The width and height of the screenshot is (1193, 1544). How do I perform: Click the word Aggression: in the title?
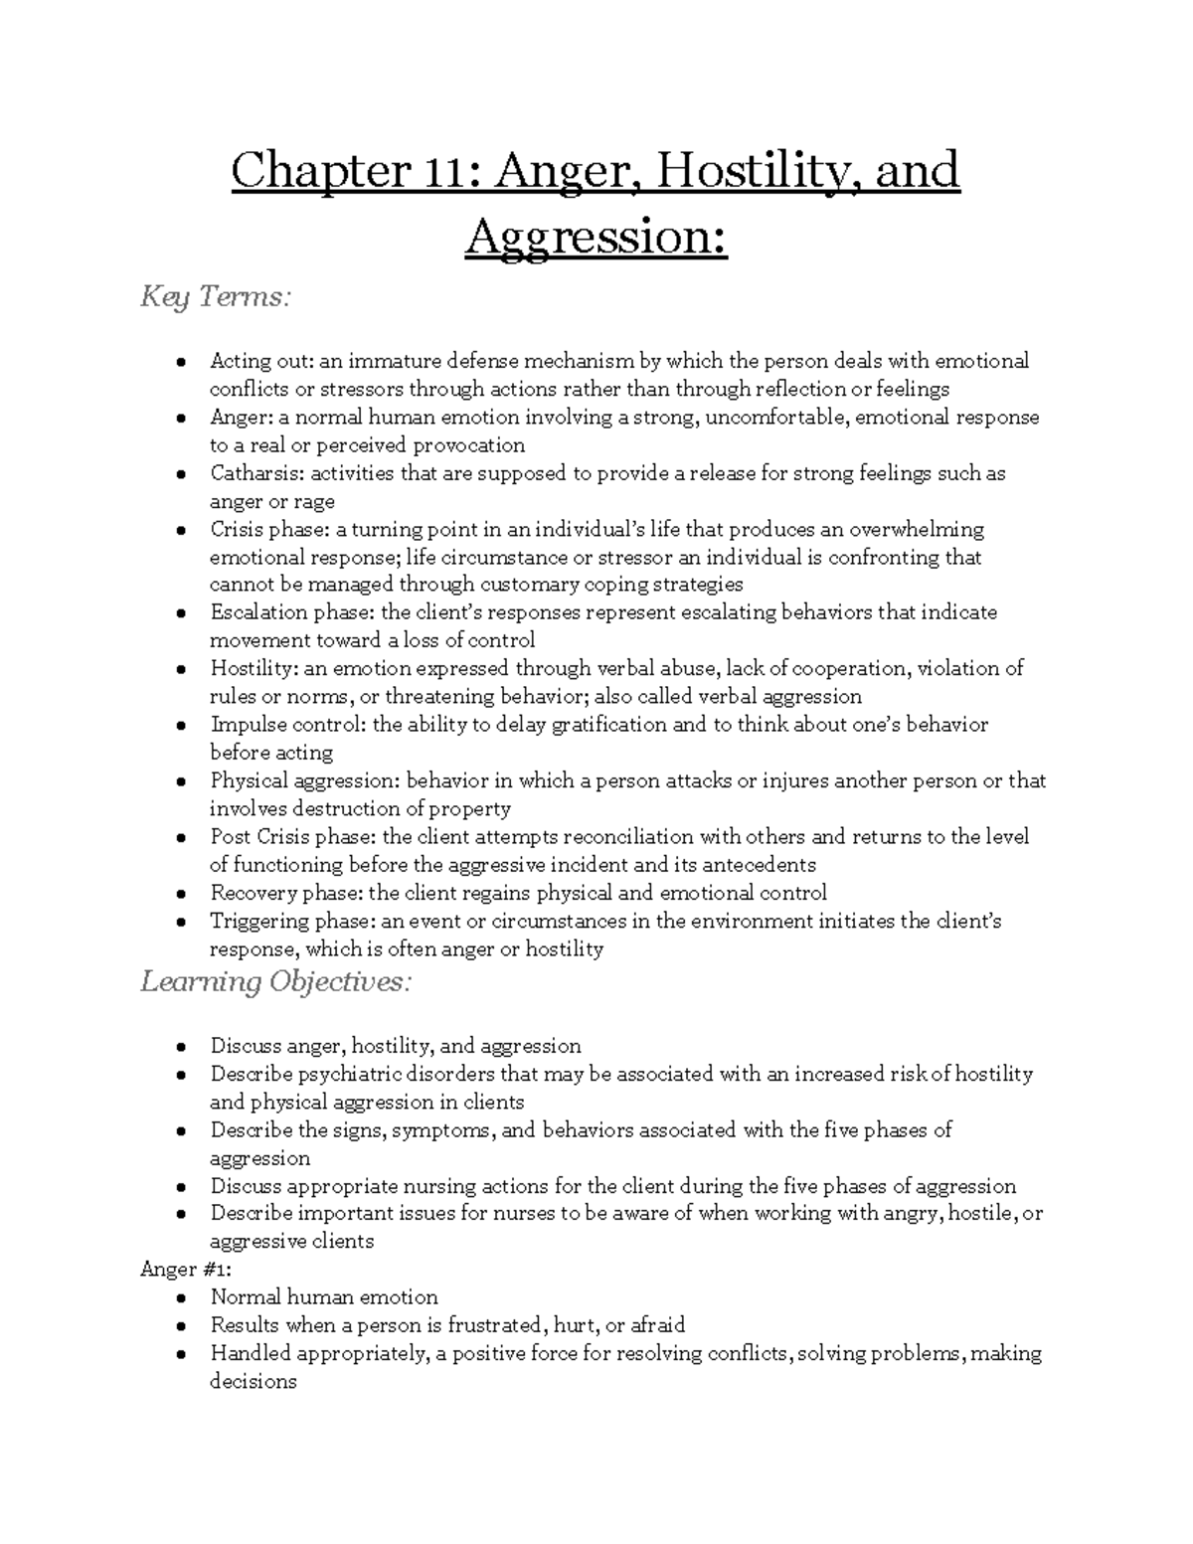596,238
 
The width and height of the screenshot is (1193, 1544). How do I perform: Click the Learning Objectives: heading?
275,982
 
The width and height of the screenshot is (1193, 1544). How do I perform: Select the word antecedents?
757,864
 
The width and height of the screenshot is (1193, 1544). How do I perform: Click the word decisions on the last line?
253,1381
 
